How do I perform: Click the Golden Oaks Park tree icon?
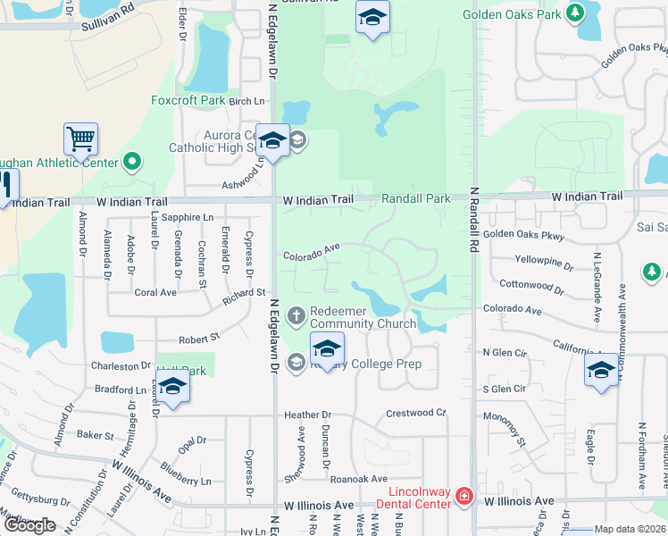[x=576, y=13]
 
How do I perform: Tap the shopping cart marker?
[x=80, y=140]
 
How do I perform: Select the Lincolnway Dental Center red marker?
[x=463, y=496]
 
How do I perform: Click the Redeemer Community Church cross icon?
[x=297, y=314]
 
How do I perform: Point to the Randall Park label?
[x=416, y=198]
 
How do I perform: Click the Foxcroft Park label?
[x=188, y=100]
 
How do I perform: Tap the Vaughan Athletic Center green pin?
[x=133, y=162]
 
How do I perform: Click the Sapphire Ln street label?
[x=188, y=217]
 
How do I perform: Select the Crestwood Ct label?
[x=415, y=414]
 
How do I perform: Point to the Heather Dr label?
[x=307, y=415]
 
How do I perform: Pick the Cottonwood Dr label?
[x=533, y=285]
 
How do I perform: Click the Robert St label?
[x=198, y=339]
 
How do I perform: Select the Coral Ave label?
[x=155, y=292]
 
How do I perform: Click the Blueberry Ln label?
[x=187, y=473]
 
